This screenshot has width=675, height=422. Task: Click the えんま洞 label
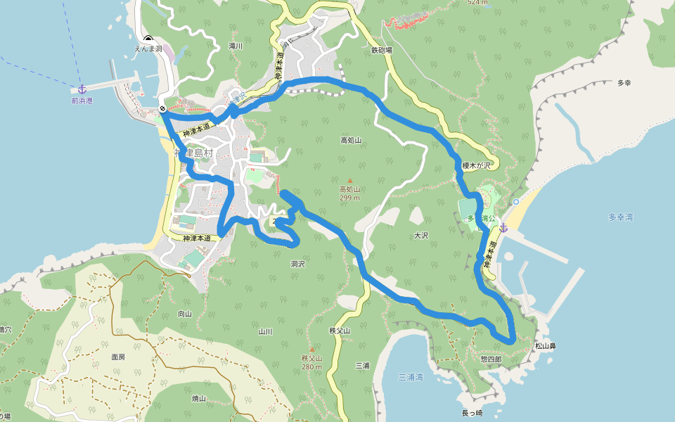149,49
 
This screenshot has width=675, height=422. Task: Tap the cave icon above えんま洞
148,39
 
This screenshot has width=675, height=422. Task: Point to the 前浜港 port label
82,101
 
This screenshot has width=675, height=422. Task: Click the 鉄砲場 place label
382,51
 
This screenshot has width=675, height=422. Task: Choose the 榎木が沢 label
475,166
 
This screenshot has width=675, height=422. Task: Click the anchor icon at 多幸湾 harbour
503,228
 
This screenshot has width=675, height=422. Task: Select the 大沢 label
421,236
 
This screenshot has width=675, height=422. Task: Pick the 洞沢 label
297,264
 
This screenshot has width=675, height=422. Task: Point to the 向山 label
185,314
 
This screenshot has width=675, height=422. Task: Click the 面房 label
118,357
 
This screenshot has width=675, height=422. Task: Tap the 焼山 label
199,398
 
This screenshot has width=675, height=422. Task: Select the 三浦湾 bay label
411,378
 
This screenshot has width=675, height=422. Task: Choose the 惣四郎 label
491,359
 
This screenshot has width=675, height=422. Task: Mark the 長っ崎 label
472,413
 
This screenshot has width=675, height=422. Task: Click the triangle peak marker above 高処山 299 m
349,180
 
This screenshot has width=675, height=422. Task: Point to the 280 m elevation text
311,366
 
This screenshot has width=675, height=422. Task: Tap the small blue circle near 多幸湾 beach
516,202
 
